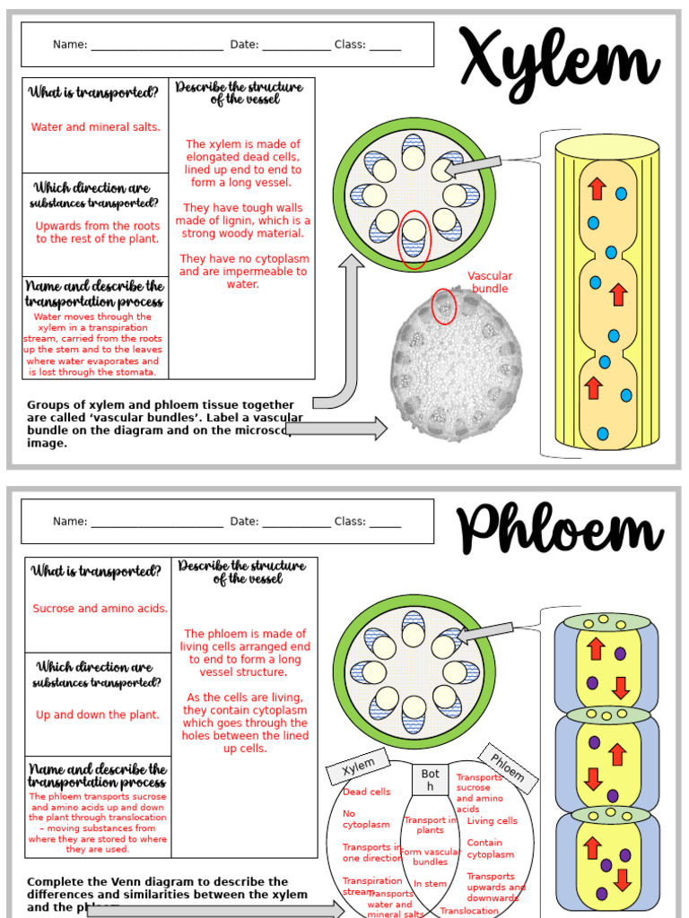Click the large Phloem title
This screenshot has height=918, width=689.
[561, 531]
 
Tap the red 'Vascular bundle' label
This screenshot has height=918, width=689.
[490, 282]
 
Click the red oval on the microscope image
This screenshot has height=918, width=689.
[444, 307]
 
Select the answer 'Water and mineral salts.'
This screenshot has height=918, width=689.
[96, 127]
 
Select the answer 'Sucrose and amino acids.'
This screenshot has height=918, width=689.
[100, 609]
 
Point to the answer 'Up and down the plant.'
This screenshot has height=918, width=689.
[98, 715]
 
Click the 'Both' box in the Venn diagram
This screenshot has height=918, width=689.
[431, 780]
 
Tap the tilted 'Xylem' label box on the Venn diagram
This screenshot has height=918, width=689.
[358, 766]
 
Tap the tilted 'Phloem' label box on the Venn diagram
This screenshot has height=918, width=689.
[507, 767]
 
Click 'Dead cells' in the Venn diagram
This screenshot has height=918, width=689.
[367, 792]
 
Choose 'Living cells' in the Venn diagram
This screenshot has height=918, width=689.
[492, 821]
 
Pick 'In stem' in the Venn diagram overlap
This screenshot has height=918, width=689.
[430, 884]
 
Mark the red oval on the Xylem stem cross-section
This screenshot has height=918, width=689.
[414, 238]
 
